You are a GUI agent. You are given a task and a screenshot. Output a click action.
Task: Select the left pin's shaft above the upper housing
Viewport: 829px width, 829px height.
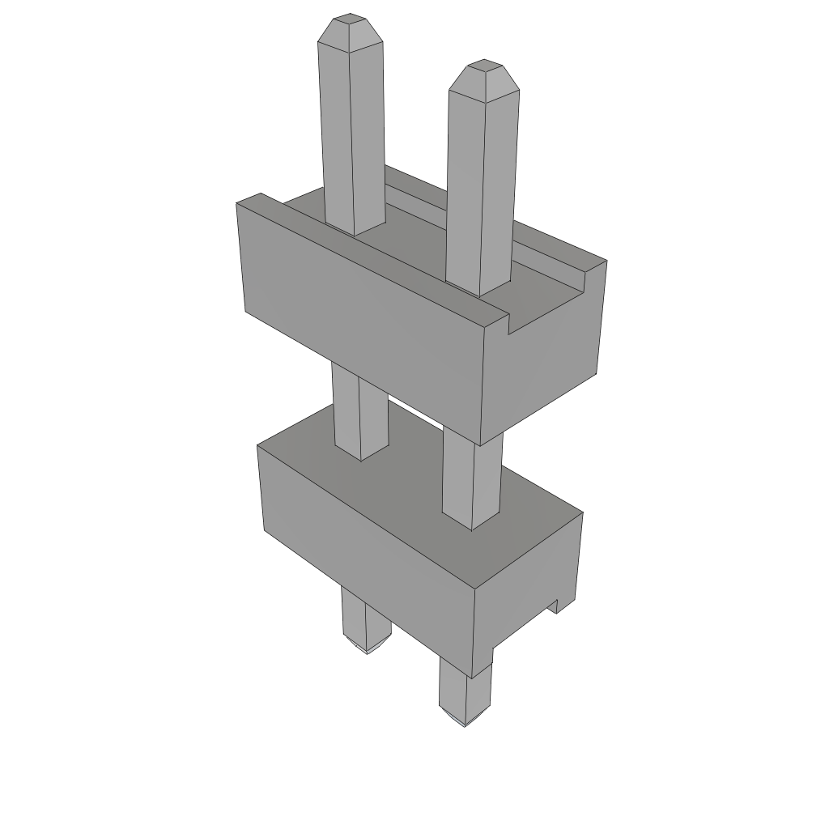pyautogui.click(x=352, y=138)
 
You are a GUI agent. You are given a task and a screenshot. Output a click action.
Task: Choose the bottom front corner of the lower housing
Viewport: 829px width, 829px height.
pyautogui.click(x=473, y=676)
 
